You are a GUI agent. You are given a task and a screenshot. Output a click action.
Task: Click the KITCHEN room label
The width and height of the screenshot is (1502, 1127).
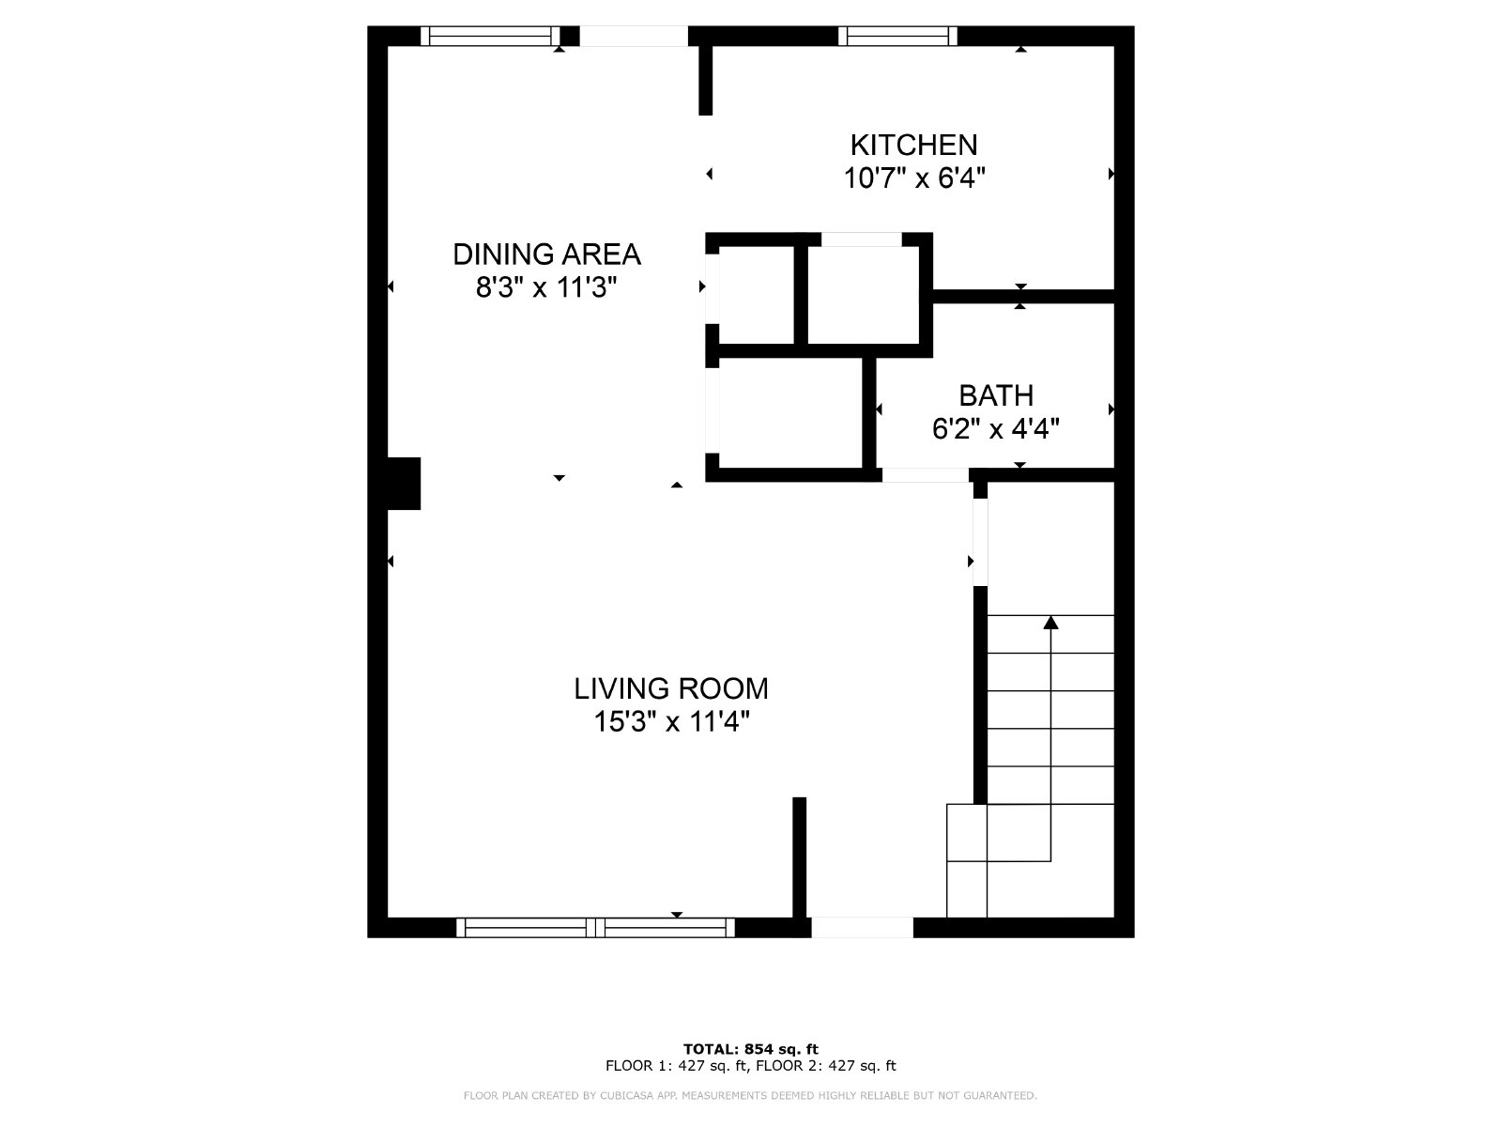913,145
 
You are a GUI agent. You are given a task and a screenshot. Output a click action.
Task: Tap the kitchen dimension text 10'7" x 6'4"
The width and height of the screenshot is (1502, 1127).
913,178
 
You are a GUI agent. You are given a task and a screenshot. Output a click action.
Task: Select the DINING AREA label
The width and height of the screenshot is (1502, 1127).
546,255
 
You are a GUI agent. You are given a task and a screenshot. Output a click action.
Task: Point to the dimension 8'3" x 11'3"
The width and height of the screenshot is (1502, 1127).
546,288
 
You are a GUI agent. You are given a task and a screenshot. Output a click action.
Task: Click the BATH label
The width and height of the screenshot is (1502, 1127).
996,395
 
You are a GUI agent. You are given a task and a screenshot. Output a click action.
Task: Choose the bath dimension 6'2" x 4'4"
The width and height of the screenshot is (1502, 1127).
996,429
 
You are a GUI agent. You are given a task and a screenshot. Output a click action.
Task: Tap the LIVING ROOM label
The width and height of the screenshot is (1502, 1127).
671,688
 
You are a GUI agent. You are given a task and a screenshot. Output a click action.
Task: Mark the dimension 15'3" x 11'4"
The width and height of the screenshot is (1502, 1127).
671,722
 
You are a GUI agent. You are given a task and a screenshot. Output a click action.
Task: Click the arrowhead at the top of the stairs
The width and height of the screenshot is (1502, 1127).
1050,622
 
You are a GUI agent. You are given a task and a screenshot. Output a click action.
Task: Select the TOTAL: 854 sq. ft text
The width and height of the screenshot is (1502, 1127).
751,1049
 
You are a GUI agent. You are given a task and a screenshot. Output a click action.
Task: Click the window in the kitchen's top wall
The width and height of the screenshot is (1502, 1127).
897,36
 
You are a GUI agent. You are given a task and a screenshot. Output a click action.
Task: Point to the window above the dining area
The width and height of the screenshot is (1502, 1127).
490,36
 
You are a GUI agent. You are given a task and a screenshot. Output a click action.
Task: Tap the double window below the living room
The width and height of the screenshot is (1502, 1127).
595,927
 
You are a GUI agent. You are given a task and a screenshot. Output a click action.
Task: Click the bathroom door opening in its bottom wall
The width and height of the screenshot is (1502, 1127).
926,475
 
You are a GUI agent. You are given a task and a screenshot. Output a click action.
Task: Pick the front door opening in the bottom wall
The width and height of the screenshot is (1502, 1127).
862,927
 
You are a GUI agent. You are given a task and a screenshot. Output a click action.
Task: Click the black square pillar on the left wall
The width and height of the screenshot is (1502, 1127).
404,483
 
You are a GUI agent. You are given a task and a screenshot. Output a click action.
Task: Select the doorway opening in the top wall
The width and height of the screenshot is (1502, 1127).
634,36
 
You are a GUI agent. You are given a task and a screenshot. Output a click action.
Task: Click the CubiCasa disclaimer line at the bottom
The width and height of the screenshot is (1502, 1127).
751,1095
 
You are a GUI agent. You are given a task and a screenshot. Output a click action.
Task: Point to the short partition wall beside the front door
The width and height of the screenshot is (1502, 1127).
799,857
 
